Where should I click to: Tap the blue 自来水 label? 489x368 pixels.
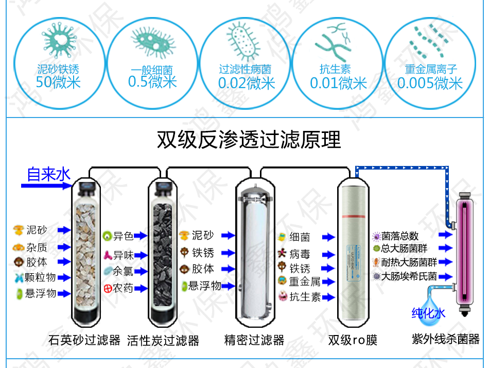(x=48, y=174)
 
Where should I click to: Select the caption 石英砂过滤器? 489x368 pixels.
(x=84, y=340)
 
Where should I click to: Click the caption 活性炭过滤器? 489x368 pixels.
(x=163, y=340)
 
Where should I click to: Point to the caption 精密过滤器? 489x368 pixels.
(x=254, y=340)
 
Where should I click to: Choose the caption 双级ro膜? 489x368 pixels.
(x=353, y=340)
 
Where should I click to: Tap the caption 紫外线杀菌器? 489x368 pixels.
(x=445, y=339)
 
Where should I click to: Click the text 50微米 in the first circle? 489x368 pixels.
(x=58, y=82)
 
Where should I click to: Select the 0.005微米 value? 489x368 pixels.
(x=430, y=83)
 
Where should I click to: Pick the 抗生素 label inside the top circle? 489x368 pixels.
(x=335, y=69)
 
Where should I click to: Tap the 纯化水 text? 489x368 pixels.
(x=428, y=312)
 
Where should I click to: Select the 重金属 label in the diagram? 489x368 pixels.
(x=304, y=281)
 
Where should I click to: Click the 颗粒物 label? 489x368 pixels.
(x=40, y=277)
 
